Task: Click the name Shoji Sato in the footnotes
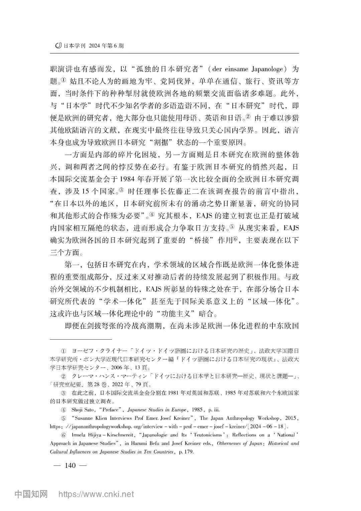point(84,410)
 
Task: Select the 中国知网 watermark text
point(31,494)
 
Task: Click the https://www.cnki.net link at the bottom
point(96,494)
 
